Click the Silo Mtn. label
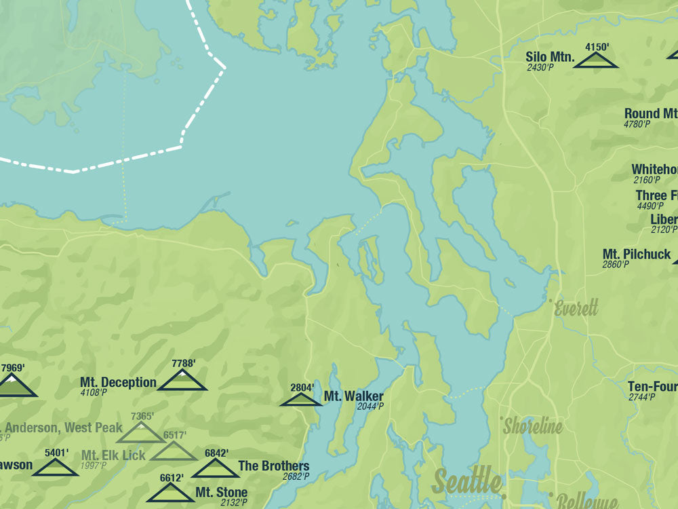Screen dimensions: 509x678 click(x=550, y=58)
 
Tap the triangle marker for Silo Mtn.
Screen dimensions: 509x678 click(x=596, y=61)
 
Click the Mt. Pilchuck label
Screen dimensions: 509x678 click(x=637, y=254)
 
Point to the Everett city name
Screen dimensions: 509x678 click(x=576, y=309)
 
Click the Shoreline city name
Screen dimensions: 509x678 click(x=533, y=426)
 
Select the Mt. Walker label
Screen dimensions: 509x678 click(x=353, y=396)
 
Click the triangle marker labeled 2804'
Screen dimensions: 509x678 click(x=301, y=399)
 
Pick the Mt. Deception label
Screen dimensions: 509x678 click(x=118, y=383)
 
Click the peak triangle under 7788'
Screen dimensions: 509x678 click(x=182, y=381)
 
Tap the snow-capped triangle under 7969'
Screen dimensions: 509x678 click(x=14, y=386)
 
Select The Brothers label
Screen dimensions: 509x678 click(x=274, y=466)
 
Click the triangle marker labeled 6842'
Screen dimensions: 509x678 click(x=215, y=468)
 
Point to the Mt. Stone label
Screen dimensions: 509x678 click(x=222, y=492)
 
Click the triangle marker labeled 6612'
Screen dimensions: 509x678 click(x=170, y=493)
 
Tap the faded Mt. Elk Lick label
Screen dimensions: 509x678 click(x=114, y=455)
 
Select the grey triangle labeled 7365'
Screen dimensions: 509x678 click(x=141, y=432)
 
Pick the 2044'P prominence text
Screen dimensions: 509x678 click(x=371, y=407)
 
